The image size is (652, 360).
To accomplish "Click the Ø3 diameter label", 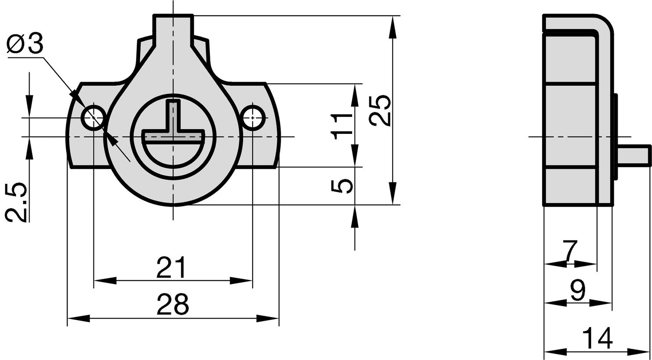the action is (x=25, y=43).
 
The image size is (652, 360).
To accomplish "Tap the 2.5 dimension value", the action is (x=17, y=203).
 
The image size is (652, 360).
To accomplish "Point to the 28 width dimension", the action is (x=173, y=304).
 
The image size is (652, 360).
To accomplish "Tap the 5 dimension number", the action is (x=342, y=187).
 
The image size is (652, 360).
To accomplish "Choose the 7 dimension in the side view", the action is (x=569, y=250).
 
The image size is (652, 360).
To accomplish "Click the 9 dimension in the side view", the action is (x=578, y=290).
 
